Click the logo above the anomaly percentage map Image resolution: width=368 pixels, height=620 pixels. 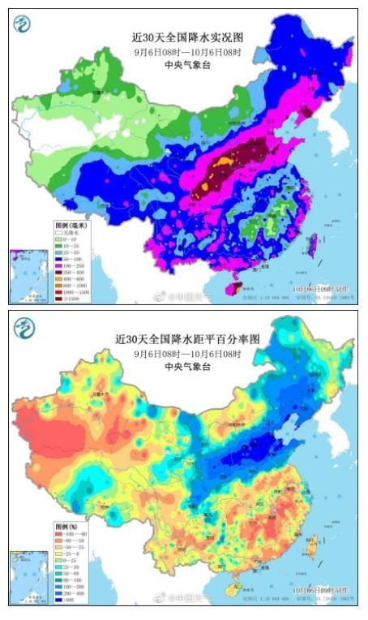point(24,327)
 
